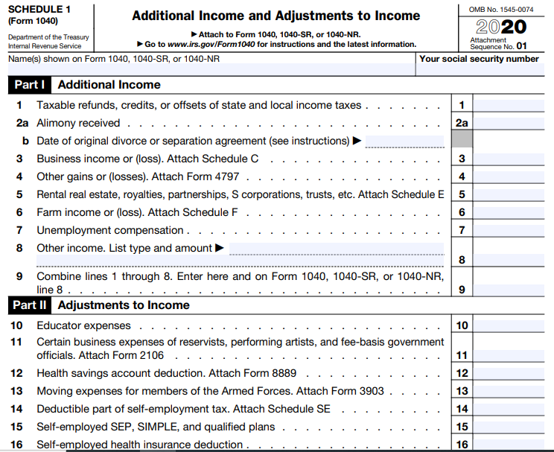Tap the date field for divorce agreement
(404, 141)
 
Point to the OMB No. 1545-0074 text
(501, 9)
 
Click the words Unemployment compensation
(110, 230)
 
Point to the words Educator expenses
(83, 325)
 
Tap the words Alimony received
(78, 124)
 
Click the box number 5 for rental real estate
(462, 195)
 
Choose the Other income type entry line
(336, 249)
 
